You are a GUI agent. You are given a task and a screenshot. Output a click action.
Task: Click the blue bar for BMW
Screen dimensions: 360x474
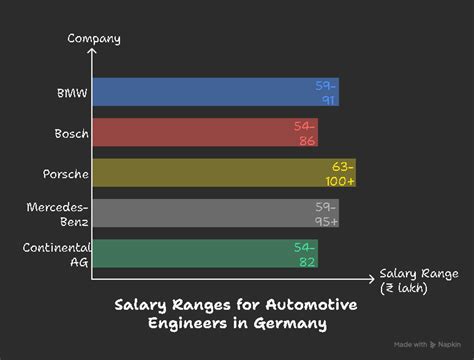coord(200,92)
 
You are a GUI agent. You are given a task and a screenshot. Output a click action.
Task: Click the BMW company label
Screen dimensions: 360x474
coord(72,92)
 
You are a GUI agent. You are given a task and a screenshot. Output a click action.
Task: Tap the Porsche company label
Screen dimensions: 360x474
coord(67,173)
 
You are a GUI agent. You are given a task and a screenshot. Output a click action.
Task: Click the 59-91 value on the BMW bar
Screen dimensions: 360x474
coord(326,92)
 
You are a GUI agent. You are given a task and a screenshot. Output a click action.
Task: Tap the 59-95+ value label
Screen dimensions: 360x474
coord(326,213)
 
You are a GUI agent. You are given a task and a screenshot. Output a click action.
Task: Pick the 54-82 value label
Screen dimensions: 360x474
coord(305,253)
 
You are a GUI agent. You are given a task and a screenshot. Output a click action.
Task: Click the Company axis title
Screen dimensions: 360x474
coord(94,38)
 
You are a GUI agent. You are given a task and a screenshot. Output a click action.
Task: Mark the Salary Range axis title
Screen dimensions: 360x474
coord(418,280)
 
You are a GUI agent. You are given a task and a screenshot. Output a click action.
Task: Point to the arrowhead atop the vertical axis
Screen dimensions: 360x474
coord(93,52)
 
